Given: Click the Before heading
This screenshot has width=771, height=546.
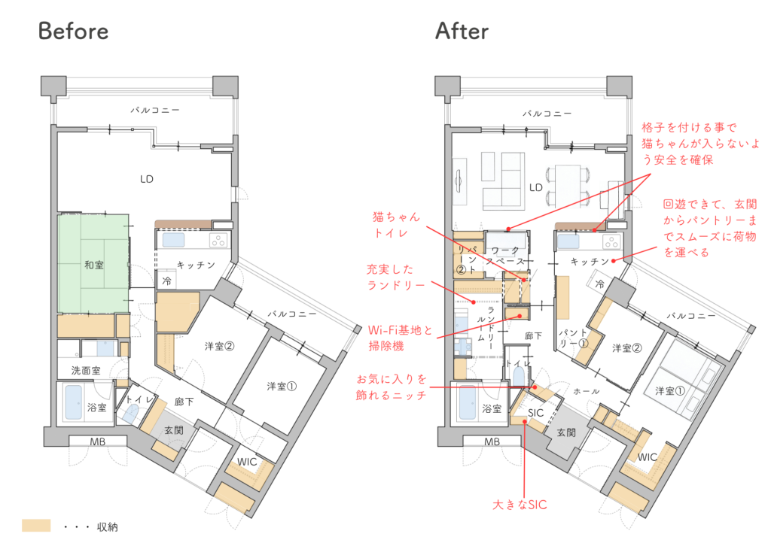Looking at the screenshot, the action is pyautogui.click(x=73, y=31).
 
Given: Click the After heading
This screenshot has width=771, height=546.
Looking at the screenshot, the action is pyautogui.click(x=462, y=31).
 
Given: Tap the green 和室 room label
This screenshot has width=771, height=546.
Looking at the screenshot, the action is pyautogui.click(x=94, y=265).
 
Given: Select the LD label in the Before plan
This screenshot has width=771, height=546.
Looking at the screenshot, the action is pyautogui.click(x=147, y=179).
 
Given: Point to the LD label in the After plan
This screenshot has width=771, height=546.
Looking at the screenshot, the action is pyautogui.click(x=535, y=187).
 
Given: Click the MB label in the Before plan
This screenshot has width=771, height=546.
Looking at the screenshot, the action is pyautogui.click(x=97, y=442).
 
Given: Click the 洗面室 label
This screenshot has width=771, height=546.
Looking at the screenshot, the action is pyautogui.click(x=86, y=370).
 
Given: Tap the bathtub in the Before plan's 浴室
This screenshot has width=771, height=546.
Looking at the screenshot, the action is pyautogui.click(x=73, y=402).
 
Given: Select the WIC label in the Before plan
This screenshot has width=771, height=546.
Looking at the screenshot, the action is pyautogui.click(x=247, y=462).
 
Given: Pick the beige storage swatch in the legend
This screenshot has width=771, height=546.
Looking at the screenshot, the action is pyautogui.click(x=36, y=526).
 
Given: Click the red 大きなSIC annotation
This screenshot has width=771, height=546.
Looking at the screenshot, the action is pyautogui.click(x=520, y=505).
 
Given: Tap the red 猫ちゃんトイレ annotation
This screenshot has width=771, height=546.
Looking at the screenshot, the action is pyautogui.click(x=396, y=224).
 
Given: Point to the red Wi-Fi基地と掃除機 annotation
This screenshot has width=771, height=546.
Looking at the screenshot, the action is pyautogui.click(x=401, y=338).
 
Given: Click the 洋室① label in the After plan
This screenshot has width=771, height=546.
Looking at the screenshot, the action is pyautogui.click(x=669, y=391).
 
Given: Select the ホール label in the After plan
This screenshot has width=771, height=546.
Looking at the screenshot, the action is pyautogui.click(x=587, y=391).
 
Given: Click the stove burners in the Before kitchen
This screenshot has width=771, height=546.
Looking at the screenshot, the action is pyautogui.click(x=218, y=241).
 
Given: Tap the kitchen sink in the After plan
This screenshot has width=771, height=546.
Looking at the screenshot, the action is pyautogui.click(x=568, y=241).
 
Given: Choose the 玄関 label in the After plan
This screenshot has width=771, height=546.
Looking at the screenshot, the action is pyautogui.click(x=566, y=432).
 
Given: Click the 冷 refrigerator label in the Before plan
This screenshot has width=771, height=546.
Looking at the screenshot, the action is pyautogui.click(x=167, y=281).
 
